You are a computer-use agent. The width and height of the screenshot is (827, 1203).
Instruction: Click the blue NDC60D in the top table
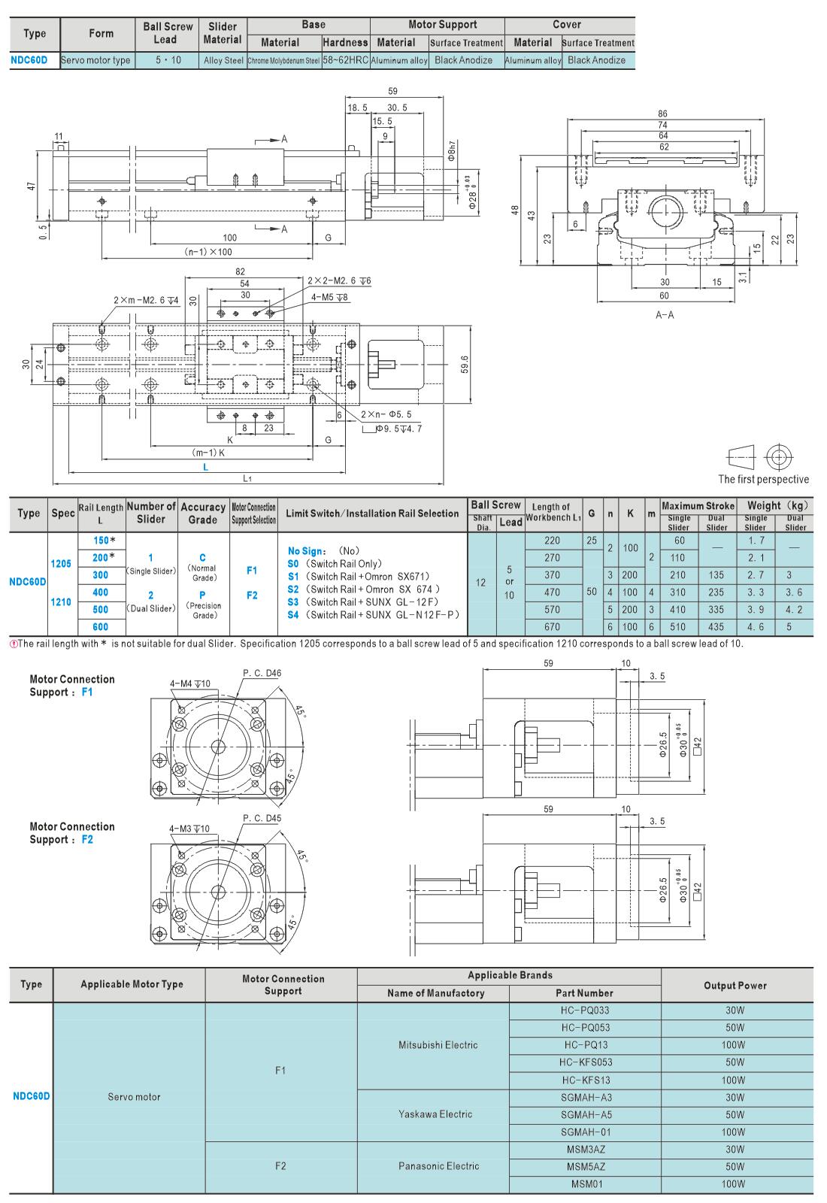(x=29, y=60)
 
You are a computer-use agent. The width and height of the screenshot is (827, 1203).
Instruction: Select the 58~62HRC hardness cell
(x=346, y=60)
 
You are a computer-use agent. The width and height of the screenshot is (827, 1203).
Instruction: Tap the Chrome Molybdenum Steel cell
(x=283, y=61)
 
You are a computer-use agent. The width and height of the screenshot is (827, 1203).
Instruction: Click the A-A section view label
(x=665, y=315)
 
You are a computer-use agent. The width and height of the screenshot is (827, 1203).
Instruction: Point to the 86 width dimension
(x=662, y=114)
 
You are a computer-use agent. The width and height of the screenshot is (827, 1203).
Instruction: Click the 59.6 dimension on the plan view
(x=465, y=364)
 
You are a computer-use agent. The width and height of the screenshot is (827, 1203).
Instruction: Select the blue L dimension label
(x=206, y=467)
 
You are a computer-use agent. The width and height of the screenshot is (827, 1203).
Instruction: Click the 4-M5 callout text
(x=329, y=297)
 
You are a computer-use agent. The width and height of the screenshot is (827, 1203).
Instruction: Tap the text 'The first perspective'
(x=763, y=479)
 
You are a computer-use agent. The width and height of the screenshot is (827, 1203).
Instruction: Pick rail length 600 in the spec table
(x=101, y=627)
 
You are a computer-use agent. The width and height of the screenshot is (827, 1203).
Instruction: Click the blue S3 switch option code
(x=293, y=602)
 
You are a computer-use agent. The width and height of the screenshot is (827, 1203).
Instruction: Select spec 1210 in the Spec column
(x=61, y=602)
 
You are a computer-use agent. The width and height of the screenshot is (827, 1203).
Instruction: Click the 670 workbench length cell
(x=552, y=627)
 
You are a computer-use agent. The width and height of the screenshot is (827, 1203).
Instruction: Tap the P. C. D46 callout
(x=262, y=673)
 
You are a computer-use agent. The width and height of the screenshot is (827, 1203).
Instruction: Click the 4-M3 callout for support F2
(x=189, y=829)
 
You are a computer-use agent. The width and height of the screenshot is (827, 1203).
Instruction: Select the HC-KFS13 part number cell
(x=586, y=1080)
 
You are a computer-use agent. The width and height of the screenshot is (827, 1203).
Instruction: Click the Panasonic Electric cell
(x=439, y=1166)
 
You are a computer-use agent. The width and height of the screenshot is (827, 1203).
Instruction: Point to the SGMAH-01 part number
(x=586, y=1132)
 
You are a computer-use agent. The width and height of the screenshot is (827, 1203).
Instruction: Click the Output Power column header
(x=735, y=986)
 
